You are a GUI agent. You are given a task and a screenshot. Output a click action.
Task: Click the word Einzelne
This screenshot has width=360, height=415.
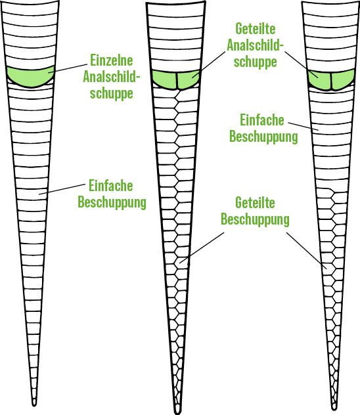tap(112, 60)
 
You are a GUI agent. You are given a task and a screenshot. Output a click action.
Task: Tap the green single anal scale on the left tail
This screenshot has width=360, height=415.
tap(30, 77)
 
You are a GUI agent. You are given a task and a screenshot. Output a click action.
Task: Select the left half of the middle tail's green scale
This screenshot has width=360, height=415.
tap(165, 79)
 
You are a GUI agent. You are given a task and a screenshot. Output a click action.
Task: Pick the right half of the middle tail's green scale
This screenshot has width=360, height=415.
tap(188, 79)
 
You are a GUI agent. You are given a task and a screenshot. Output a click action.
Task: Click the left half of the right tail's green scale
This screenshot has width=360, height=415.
tap(320, 80)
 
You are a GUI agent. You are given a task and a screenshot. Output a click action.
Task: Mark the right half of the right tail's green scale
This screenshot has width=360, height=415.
tap(343, 79)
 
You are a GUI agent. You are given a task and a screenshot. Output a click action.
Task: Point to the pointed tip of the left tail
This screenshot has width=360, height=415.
tap(34, 405)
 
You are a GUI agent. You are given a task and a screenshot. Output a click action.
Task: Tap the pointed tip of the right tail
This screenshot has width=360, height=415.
tap(334, 409)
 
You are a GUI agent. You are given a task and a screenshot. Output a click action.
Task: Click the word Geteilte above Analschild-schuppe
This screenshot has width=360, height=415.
tap(255, 29)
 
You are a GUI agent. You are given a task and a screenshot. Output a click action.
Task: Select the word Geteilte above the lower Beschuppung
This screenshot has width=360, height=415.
tap(255, 203)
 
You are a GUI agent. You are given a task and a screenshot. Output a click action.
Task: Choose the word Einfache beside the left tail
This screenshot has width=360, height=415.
tap(110, 185)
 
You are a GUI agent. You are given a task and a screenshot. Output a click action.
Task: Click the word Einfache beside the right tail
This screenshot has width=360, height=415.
tap(262, 120)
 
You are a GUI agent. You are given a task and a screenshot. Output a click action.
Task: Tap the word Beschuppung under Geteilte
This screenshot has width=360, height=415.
tap(255, 220)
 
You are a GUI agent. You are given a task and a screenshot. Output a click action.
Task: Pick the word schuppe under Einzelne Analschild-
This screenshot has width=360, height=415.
tap(112, 93)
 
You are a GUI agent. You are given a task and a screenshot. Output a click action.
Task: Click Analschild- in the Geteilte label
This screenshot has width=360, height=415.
tap(255, 45)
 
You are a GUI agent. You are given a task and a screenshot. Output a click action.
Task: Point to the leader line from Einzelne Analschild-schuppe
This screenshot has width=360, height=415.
tap(68, 68)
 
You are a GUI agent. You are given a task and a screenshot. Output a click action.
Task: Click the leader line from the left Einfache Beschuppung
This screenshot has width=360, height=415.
tap(62, 189)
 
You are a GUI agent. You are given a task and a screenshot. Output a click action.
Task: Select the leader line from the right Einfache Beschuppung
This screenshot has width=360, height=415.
tap(304, 127)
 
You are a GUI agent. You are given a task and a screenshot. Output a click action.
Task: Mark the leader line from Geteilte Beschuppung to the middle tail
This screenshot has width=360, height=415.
tap(202, 248)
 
